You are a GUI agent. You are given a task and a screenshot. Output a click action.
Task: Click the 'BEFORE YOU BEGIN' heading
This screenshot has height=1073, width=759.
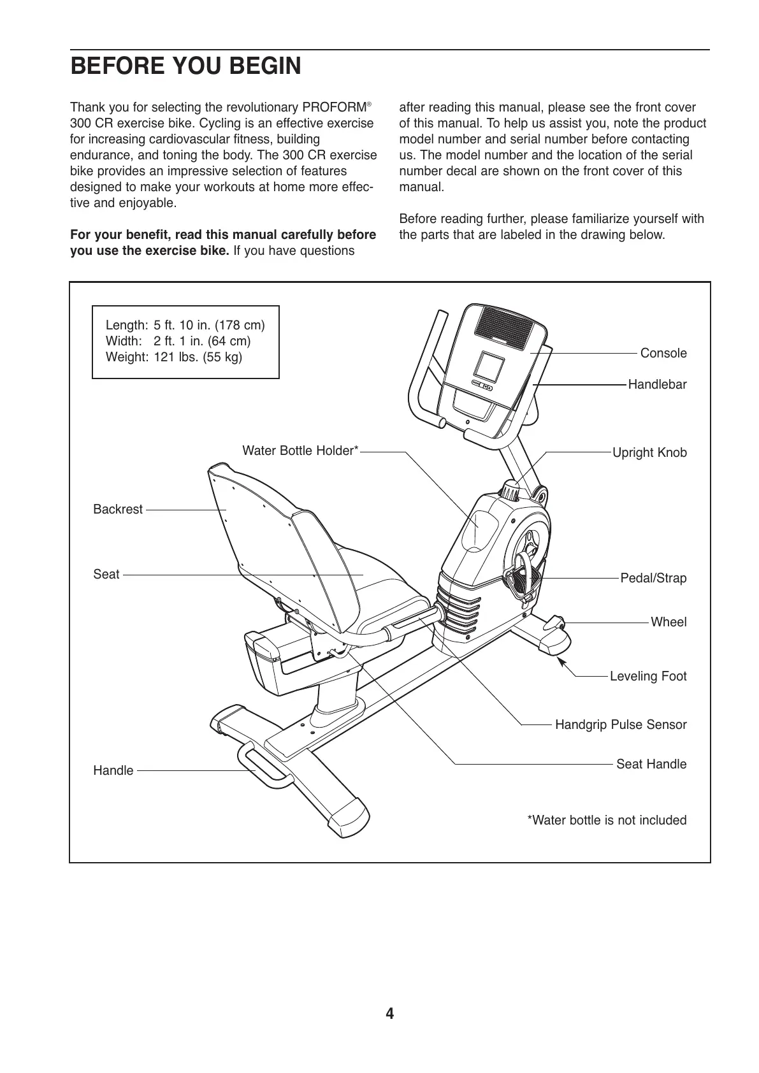tap(185, 66)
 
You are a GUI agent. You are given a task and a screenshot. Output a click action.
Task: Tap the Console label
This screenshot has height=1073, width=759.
tap(663, 353)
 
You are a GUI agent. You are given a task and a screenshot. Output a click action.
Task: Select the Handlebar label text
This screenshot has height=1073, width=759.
tap(657, 384)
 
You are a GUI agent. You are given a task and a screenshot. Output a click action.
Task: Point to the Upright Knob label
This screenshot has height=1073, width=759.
tap(649, 452)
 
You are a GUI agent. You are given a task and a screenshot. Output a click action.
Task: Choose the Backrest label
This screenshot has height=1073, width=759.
tap(118, 509)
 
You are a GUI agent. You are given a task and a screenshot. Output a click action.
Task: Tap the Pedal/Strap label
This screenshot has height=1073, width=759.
tap(653, 578)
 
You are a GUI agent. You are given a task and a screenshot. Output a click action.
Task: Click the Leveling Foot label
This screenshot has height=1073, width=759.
tap(648, 676)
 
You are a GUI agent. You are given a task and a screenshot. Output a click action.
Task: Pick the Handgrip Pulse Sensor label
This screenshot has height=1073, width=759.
tap(621, 724)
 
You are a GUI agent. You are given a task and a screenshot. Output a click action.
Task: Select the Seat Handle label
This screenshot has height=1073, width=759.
tap(651, 764)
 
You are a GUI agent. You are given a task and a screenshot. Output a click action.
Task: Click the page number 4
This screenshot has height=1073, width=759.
tap(389, 1013)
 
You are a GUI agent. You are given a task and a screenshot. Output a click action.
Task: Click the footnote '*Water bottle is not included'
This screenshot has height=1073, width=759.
tap(607, 820)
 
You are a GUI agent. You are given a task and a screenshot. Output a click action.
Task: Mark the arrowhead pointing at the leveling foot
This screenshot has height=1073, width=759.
tap(563, 663)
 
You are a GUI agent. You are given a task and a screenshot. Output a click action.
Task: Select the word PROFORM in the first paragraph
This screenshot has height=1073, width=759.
tap(333, 107)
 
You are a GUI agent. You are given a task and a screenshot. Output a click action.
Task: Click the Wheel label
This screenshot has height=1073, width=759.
tap(669, 622)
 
